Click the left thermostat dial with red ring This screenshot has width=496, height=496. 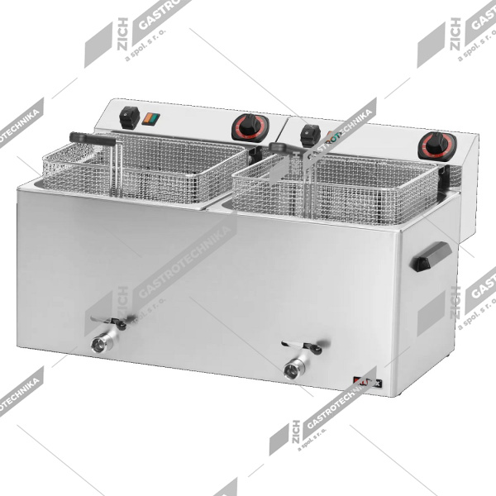pyautogui.click(x=246, y=126)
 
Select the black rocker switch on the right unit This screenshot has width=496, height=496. pyautogui.click(x=310, y=136)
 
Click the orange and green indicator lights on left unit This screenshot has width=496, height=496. pyautogui.click(x=150, y=118)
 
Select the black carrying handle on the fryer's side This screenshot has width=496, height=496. pyautogui.click(x=430, y=257)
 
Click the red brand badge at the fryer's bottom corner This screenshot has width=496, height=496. pyautogui.click(x=364, y=381)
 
